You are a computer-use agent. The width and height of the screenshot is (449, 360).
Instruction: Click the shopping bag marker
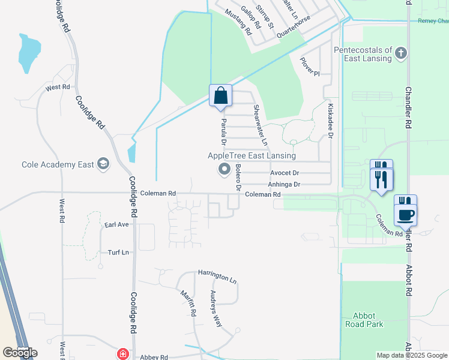coord(220,95)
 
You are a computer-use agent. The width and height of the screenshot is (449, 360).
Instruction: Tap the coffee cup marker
coord(405,213)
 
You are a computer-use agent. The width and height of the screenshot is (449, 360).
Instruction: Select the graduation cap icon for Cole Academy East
coord(103,164)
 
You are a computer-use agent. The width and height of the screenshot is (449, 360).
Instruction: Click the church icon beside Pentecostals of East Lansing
coord(402,55)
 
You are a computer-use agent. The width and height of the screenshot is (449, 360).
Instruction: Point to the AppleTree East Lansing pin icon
coord(224,170)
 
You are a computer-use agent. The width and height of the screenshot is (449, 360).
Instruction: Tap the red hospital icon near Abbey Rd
coord(123,354)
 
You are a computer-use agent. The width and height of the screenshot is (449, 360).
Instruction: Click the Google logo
coord(20,353)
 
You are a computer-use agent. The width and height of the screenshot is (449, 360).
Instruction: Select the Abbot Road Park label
coord(364,319)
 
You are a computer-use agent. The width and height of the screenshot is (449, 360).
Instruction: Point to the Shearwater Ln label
coord(259,125)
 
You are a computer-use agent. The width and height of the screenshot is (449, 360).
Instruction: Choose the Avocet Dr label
coord(284,173)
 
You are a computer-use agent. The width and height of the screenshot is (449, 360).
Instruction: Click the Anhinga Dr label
coord(283,184)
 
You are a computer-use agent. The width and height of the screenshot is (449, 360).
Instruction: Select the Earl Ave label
coord(116,224)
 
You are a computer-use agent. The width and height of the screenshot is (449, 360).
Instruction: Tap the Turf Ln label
coord(118,253)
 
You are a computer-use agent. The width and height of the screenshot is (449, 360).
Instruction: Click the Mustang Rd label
coord(238,22)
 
